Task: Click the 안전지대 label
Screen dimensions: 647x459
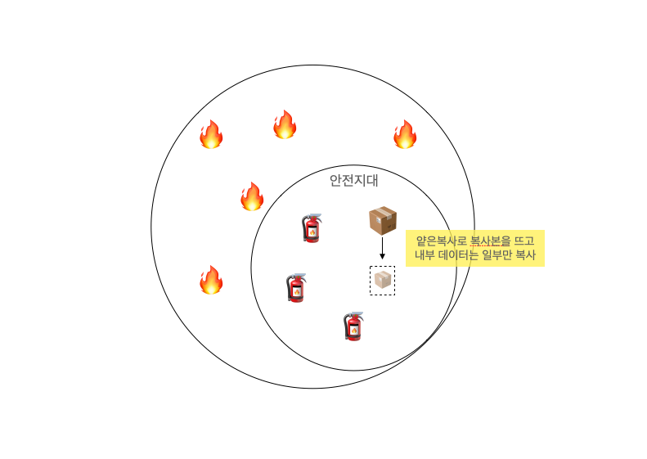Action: (353, 181)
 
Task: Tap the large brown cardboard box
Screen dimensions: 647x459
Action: (383, 220)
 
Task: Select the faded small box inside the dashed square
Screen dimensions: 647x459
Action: (382, 280)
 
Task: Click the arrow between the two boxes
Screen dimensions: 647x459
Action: (382, 249)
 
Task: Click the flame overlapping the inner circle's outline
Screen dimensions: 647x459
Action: (252, 197)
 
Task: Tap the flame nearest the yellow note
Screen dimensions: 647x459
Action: (405, 135)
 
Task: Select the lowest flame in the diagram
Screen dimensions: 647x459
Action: (211, 281)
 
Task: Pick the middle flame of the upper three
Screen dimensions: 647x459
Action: (285, 125)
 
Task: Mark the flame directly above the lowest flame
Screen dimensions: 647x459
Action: (211, 135)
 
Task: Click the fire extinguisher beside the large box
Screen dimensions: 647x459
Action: (312, 229)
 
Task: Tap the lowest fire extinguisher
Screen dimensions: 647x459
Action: (353, 326)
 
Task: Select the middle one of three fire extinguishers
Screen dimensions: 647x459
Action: (297, 288)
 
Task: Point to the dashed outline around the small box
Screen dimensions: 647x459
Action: (371, 280)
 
